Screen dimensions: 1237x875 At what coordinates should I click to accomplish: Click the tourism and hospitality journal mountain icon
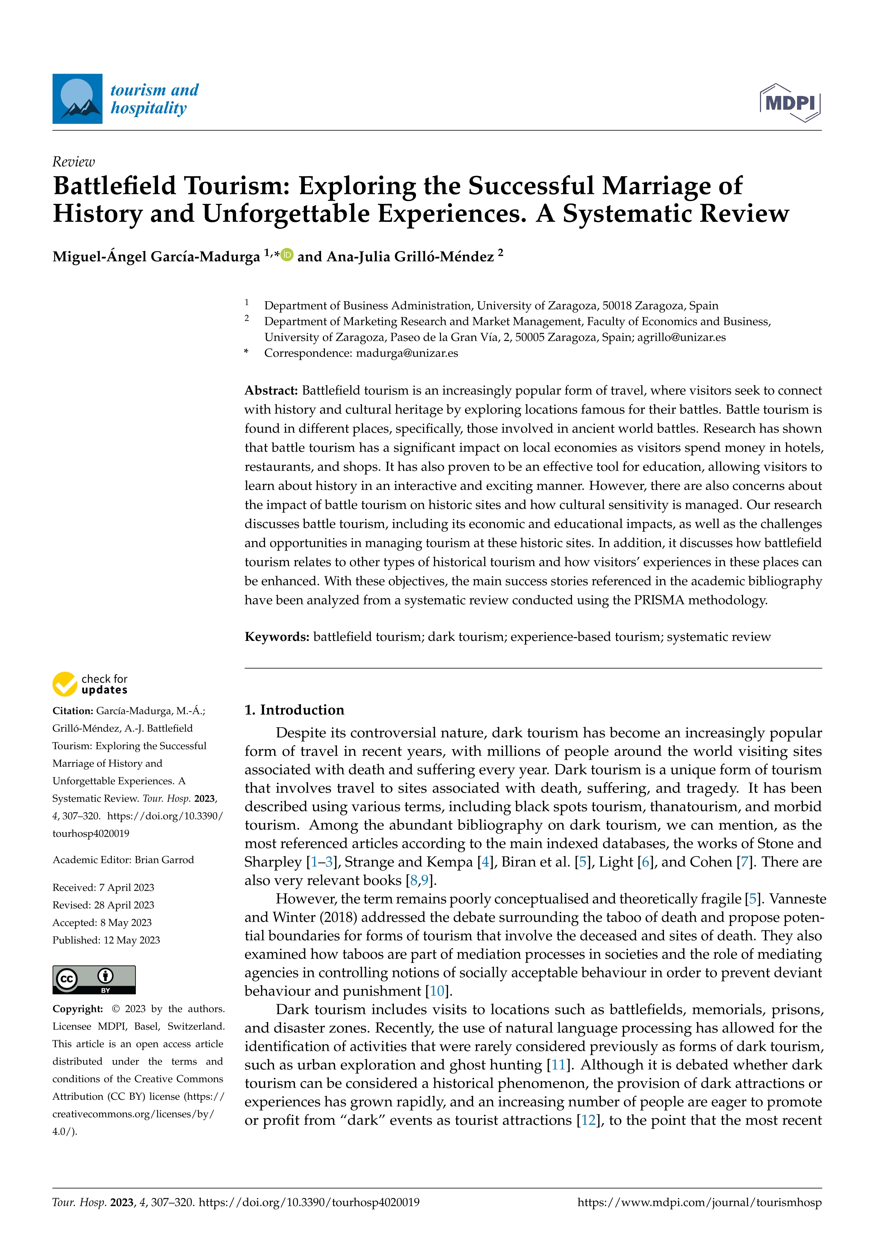[77, 99]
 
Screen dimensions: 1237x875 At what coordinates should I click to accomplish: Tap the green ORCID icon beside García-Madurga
[287, 254]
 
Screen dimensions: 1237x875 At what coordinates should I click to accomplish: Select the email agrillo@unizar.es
[681, 337]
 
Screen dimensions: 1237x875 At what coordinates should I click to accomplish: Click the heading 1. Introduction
[294, 710]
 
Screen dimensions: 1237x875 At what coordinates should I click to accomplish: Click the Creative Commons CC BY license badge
[94, 980]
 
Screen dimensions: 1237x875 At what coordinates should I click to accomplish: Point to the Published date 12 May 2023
[132, 940]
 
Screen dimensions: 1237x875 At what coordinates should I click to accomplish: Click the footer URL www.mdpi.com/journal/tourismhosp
[699, 1202]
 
